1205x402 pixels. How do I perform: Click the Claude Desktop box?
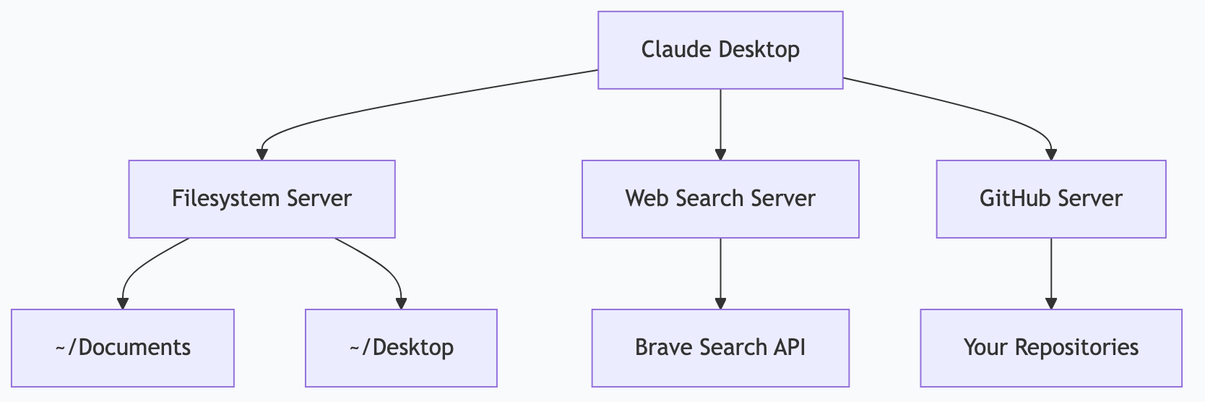(x=720, y=50)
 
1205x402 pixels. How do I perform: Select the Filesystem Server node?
(x=262, y=199)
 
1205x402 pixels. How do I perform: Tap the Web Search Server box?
(x=720, y=199)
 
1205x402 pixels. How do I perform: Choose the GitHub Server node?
(x=1050, y=199)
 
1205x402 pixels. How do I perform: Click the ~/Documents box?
(x=123, y=348)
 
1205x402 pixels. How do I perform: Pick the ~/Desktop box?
(x=401, y=348)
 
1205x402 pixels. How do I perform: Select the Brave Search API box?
(x=720, y=348)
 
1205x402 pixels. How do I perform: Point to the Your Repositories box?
(x=1050, y=348)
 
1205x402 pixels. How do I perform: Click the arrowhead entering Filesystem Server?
(x=262, y=154)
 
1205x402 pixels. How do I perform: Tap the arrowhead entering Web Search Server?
(x=720, y=154)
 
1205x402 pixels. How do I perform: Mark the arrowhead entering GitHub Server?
(x=1050, y=154)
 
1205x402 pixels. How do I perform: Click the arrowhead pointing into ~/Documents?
(x=123, y=303)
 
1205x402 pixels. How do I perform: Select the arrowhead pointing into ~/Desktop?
(x=401, y=303)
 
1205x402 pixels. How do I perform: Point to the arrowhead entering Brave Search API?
(x=720, y=303)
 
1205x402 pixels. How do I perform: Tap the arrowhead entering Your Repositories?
(x=1050, y=303)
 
